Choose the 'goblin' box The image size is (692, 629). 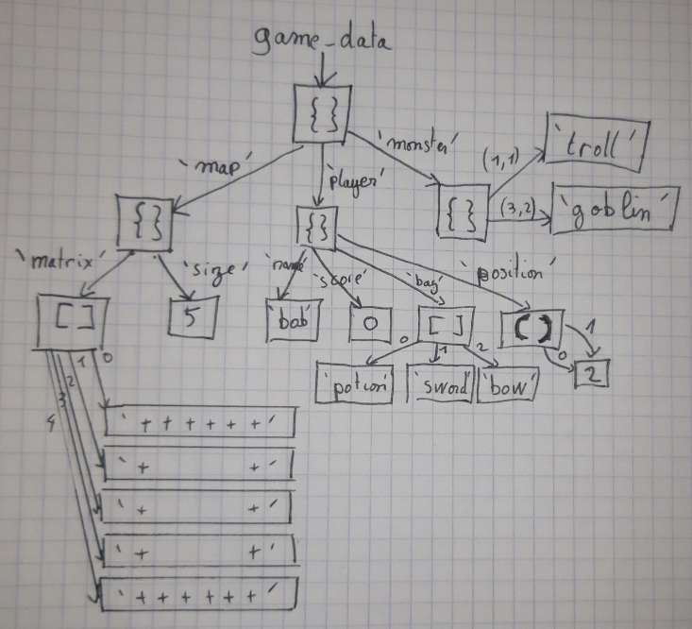[614, 210]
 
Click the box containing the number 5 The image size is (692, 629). [194, 316]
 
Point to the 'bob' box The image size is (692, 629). [289, 322]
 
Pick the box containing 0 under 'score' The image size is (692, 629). [370, 323]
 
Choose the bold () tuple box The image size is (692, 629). [536, 327]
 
